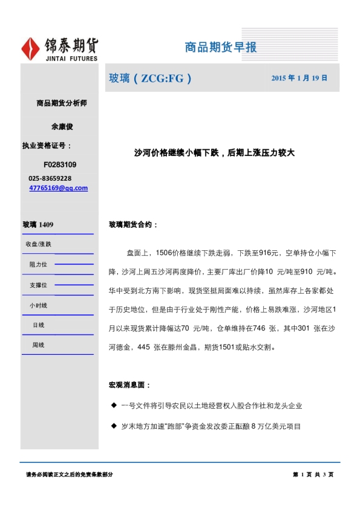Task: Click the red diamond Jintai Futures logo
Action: point(31,49)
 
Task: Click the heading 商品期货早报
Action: point(220,47)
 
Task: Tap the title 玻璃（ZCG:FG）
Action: point(149,78)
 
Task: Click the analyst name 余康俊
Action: point(62,127)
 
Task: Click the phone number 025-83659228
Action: point(50,178)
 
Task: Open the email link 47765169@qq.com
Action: point(58,188)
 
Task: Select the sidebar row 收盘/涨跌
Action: point(38,244)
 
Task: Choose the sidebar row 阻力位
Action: point(38,265)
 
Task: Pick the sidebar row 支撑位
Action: point(38,285)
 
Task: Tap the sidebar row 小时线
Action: point(38,305)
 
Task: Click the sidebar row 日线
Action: point(38,325)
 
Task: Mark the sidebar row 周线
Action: point(38,345)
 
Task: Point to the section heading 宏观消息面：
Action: point(129,384)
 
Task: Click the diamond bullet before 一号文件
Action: point(113,406)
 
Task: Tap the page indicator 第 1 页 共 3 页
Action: point(313,475)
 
